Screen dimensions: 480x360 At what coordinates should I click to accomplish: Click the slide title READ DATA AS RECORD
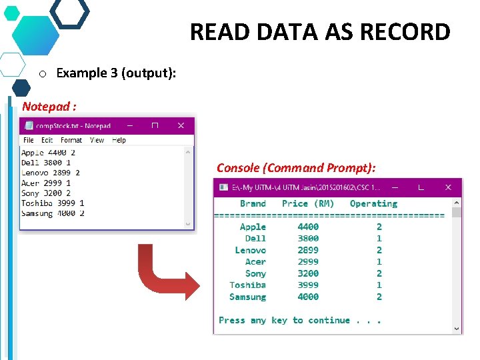click(x=320, y=31)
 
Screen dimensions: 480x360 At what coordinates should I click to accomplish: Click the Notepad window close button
click(x=181, y=125)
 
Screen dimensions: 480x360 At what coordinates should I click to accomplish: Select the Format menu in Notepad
click(x=71, y=140)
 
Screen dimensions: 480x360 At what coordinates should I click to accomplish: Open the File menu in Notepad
click(x=29, y=140)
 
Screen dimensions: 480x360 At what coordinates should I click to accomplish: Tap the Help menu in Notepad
click(x=119, y=140)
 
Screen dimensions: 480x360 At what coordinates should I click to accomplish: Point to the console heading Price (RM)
click(x=308, y=203)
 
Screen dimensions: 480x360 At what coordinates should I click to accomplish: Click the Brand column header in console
click(x=253, y=203)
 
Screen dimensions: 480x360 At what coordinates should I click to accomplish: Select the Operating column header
click(x=373, y=203)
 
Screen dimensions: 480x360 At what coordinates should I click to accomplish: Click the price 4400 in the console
click(x=308, y=227)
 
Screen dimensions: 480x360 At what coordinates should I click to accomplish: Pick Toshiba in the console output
click(x=247, y=285)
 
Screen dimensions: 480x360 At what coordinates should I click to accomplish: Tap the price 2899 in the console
click(x=308, y=250)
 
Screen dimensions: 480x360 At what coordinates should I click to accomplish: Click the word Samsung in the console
click(x=247, y=297)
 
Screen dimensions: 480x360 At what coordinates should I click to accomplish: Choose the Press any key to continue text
click(x=300, y=320)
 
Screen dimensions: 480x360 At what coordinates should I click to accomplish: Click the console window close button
click(x=449, y=188)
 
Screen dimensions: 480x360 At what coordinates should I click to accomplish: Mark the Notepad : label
click(x=49, y=106)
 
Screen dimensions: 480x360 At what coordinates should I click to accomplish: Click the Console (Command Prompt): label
click(x=296, y=168)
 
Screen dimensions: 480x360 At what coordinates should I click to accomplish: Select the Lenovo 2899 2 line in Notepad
click(x=51, y=173)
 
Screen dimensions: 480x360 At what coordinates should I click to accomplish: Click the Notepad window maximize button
click(x=155, y=125)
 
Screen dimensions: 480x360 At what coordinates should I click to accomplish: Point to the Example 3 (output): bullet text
click(x=116, y=73)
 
